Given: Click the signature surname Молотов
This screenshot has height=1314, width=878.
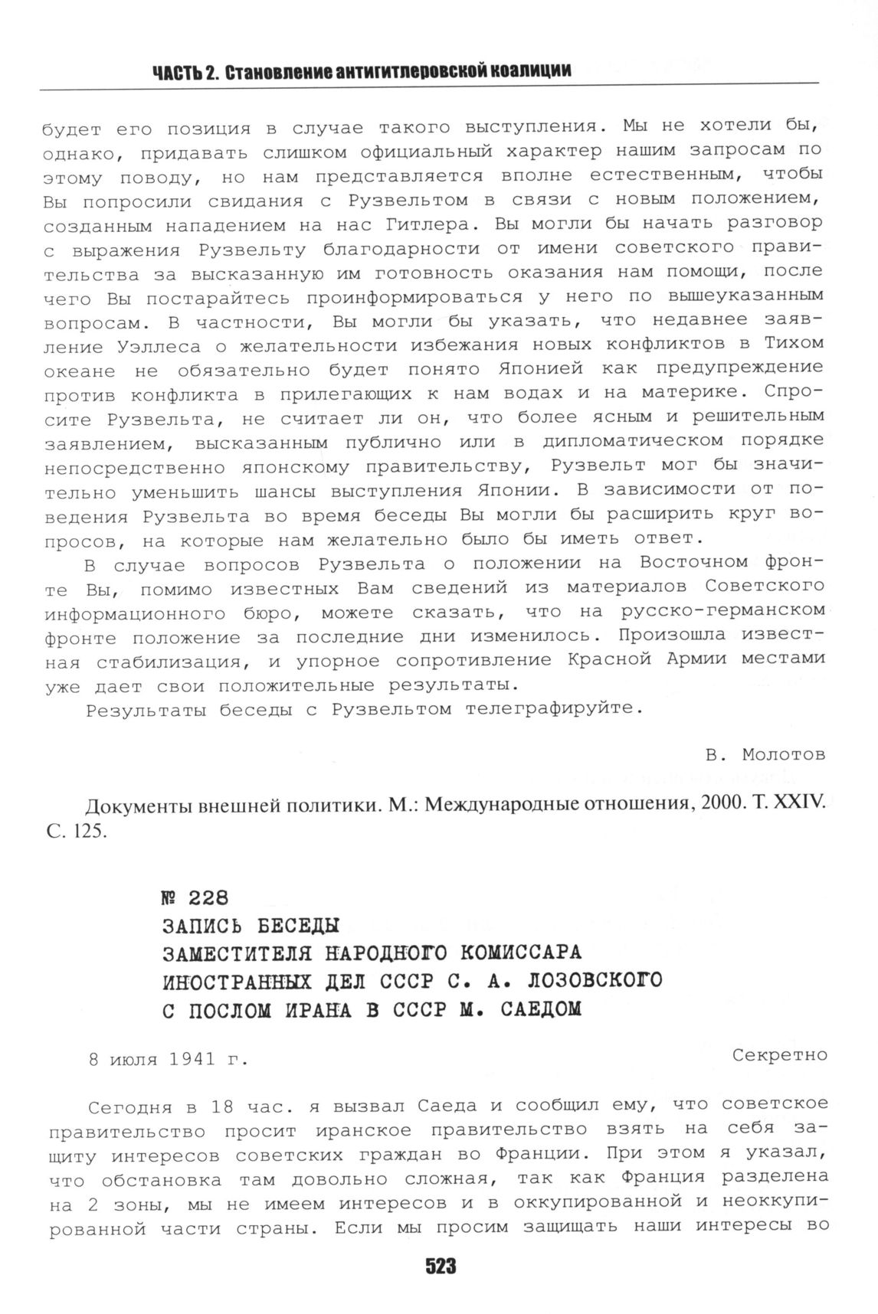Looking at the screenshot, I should click(x=784, y=755).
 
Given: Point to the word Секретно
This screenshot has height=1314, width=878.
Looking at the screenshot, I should click(x=779, y=1055).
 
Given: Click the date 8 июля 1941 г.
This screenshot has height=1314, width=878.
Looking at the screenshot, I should click(x=169, y=1061).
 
